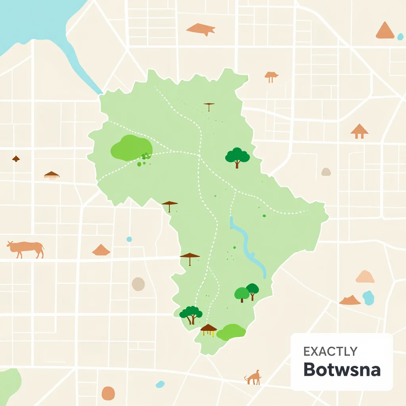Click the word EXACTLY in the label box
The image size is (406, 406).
point(330,351)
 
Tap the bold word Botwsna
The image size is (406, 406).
point(342,370)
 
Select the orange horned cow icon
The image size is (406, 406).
point(26,249)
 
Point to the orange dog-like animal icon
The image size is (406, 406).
point(253,377)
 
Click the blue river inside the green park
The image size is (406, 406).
point(247,246)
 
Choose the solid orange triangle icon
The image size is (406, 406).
point(385,31)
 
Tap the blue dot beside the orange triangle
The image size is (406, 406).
point(400,36)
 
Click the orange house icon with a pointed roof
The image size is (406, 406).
point(359,131)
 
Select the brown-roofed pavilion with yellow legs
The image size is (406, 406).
point(209,329)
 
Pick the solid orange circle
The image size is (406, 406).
point(108,393)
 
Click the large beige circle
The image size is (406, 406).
point(138,284)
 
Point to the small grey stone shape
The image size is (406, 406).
point(326,172)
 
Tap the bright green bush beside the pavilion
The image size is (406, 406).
point(231,332)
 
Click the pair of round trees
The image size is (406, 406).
point(247,292)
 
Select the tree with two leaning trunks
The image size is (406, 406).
point(191,314)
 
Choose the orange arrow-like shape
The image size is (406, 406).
point(201,29)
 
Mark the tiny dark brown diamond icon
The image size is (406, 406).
point(16,159)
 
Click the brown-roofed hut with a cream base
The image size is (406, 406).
point(52,175)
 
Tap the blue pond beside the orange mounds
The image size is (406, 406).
point(369,297)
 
